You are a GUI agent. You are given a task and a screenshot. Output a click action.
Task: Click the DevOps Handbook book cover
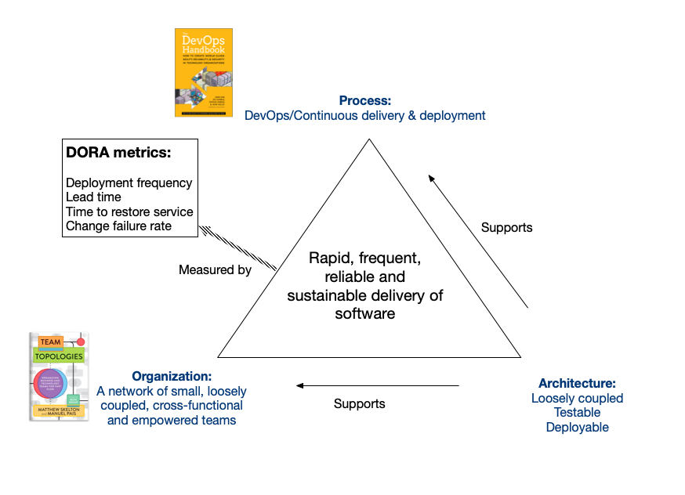(203, 73)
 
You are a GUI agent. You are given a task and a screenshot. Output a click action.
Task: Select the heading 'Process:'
(364, 100)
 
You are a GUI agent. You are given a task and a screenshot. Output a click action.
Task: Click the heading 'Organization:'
(172, 376)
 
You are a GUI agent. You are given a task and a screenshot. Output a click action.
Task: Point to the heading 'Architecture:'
(577, 383)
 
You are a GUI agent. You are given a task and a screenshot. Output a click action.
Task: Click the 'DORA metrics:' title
(118, 153)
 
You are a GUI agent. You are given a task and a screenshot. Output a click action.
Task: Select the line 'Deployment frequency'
(129, 182)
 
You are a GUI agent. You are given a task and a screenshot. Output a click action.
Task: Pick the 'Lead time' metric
(93, 197)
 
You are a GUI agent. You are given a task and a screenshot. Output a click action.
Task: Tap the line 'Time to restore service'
(129, 211)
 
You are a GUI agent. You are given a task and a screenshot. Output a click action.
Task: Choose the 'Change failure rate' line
(118, 226)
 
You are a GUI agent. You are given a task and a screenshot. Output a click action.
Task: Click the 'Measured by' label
(215, 270)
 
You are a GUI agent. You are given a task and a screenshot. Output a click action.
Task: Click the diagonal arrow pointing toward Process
(479, 242)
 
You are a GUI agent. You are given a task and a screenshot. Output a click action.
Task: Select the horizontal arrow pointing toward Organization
(377, 385)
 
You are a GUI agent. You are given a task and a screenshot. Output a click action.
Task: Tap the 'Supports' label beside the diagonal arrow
(506, 228)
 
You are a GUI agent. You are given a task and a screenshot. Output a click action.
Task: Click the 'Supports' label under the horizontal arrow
(359, 404)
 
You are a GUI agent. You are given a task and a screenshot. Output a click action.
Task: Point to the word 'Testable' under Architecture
(577, 413)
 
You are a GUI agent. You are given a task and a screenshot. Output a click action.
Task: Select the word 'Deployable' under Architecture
(577, 427)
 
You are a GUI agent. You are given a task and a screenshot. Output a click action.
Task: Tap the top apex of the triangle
(369, 140)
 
